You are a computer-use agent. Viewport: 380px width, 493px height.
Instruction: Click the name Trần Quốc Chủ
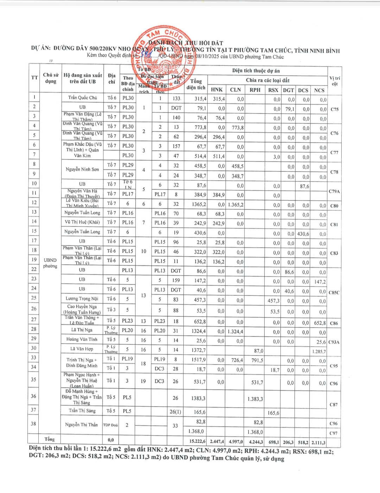(x=82, y=98)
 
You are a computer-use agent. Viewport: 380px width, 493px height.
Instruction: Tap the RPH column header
(x=255, y=90)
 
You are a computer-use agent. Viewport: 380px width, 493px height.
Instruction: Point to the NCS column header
(x=319, y=90)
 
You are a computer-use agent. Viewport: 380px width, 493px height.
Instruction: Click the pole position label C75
(x=334, y=109)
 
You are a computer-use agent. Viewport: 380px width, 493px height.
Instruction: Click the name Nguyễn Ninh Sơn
(x=82, y=169)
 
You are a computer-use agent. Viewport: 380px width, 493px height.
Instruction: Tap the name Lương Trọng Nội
(x=82, y=298)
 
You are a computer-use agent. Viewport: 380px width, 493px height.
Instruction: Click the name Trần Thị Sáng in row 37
(x=82, y=410)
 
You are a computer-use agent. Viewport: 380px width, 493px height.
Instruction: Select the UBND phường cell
(x=50, y=263)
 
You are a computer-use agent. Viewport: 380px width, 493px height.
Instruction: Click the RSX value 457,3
(x=273, y=301)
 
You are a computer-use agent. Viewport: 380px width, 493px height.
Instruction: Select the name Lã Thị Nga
(x=82, y=330)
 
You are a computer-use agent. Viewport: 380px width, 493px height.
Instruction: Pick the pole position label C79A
(x=334, y=191)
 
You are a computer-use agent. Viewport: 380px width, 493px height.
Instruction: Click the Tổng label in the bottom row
(x=50, y=439)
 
